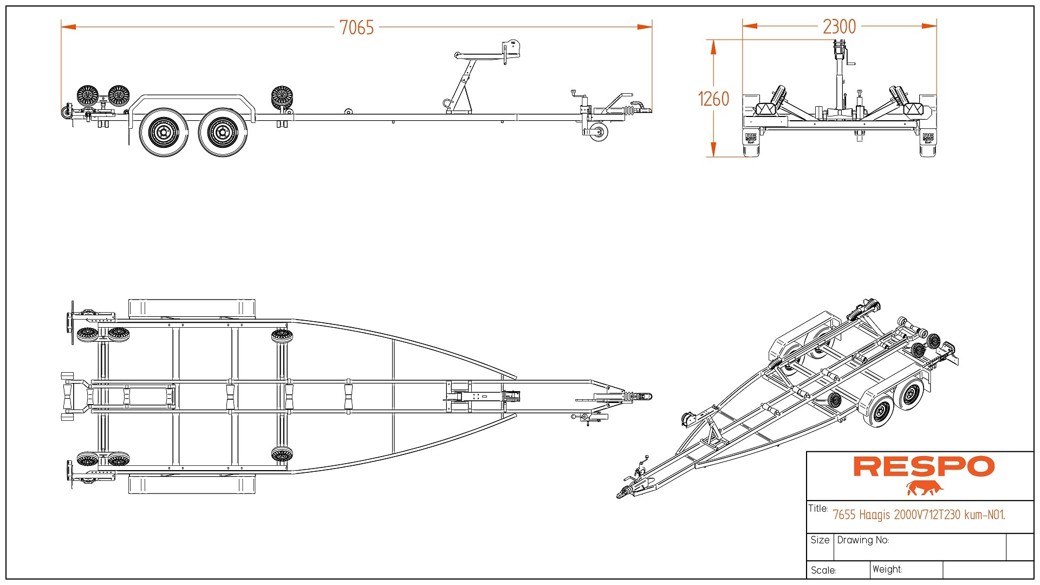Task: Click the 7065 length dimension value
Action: click(356, 27)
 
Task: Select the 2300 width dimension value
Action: click(839, 26)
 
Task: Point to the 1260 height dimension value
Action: click(713, 99)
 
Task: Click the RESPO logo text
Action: click(924, 466)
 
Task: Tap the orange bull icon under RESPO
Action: click(925, 488)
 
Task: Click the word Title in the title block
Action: click(817, 509)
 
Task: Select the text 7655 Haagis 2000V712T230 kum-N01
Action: click(919, 515)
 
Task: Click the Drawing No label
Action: click(863, 540)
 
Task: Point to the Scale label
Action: click(823, 570)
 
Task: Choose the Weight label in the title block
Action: click(887, 569)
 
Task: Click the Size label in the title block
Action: click(820, 540)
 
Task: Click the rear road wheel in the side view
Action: click(164, 132)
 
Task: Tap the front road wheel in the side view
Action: click(222, 132)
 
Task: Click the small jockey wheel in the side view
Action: click(599, 132)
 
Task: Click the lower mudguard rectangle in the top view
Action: click(192, 484)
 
